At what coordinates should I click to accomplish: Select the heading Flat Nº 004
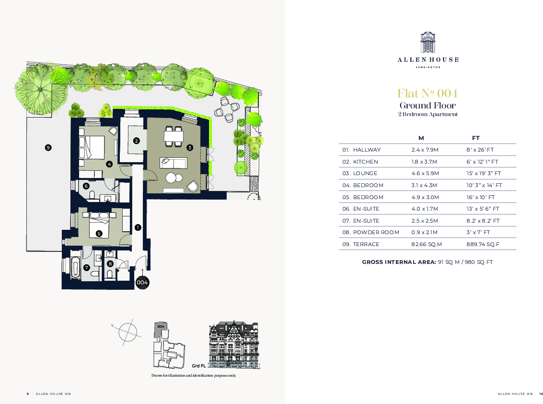coord(427,93)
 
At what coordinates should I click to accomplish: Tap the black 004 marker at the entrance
coord(142,283)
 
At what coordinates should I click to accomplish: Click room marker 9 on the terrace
coord(48,148)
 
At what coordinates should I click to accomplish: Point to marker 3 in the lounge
coord(190,148)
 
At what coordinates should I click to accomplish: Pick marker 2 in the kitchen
coord(137,141)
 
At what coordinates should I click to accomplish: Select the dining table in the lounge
coord(173,137)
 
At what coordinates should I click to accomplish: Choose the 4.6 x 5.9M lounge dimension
coord(425,173)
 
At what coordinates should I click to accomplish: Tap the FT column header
coord(476,138)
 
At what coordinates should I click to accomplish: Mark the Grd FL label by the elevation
coord(199,366)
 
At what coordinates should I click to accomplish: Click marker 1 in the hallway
coord(138,227)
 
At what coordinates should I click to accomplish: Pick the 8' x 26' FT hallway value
coord(480,150)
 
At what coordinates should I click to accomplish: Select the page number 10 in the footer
coord(541,394)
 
